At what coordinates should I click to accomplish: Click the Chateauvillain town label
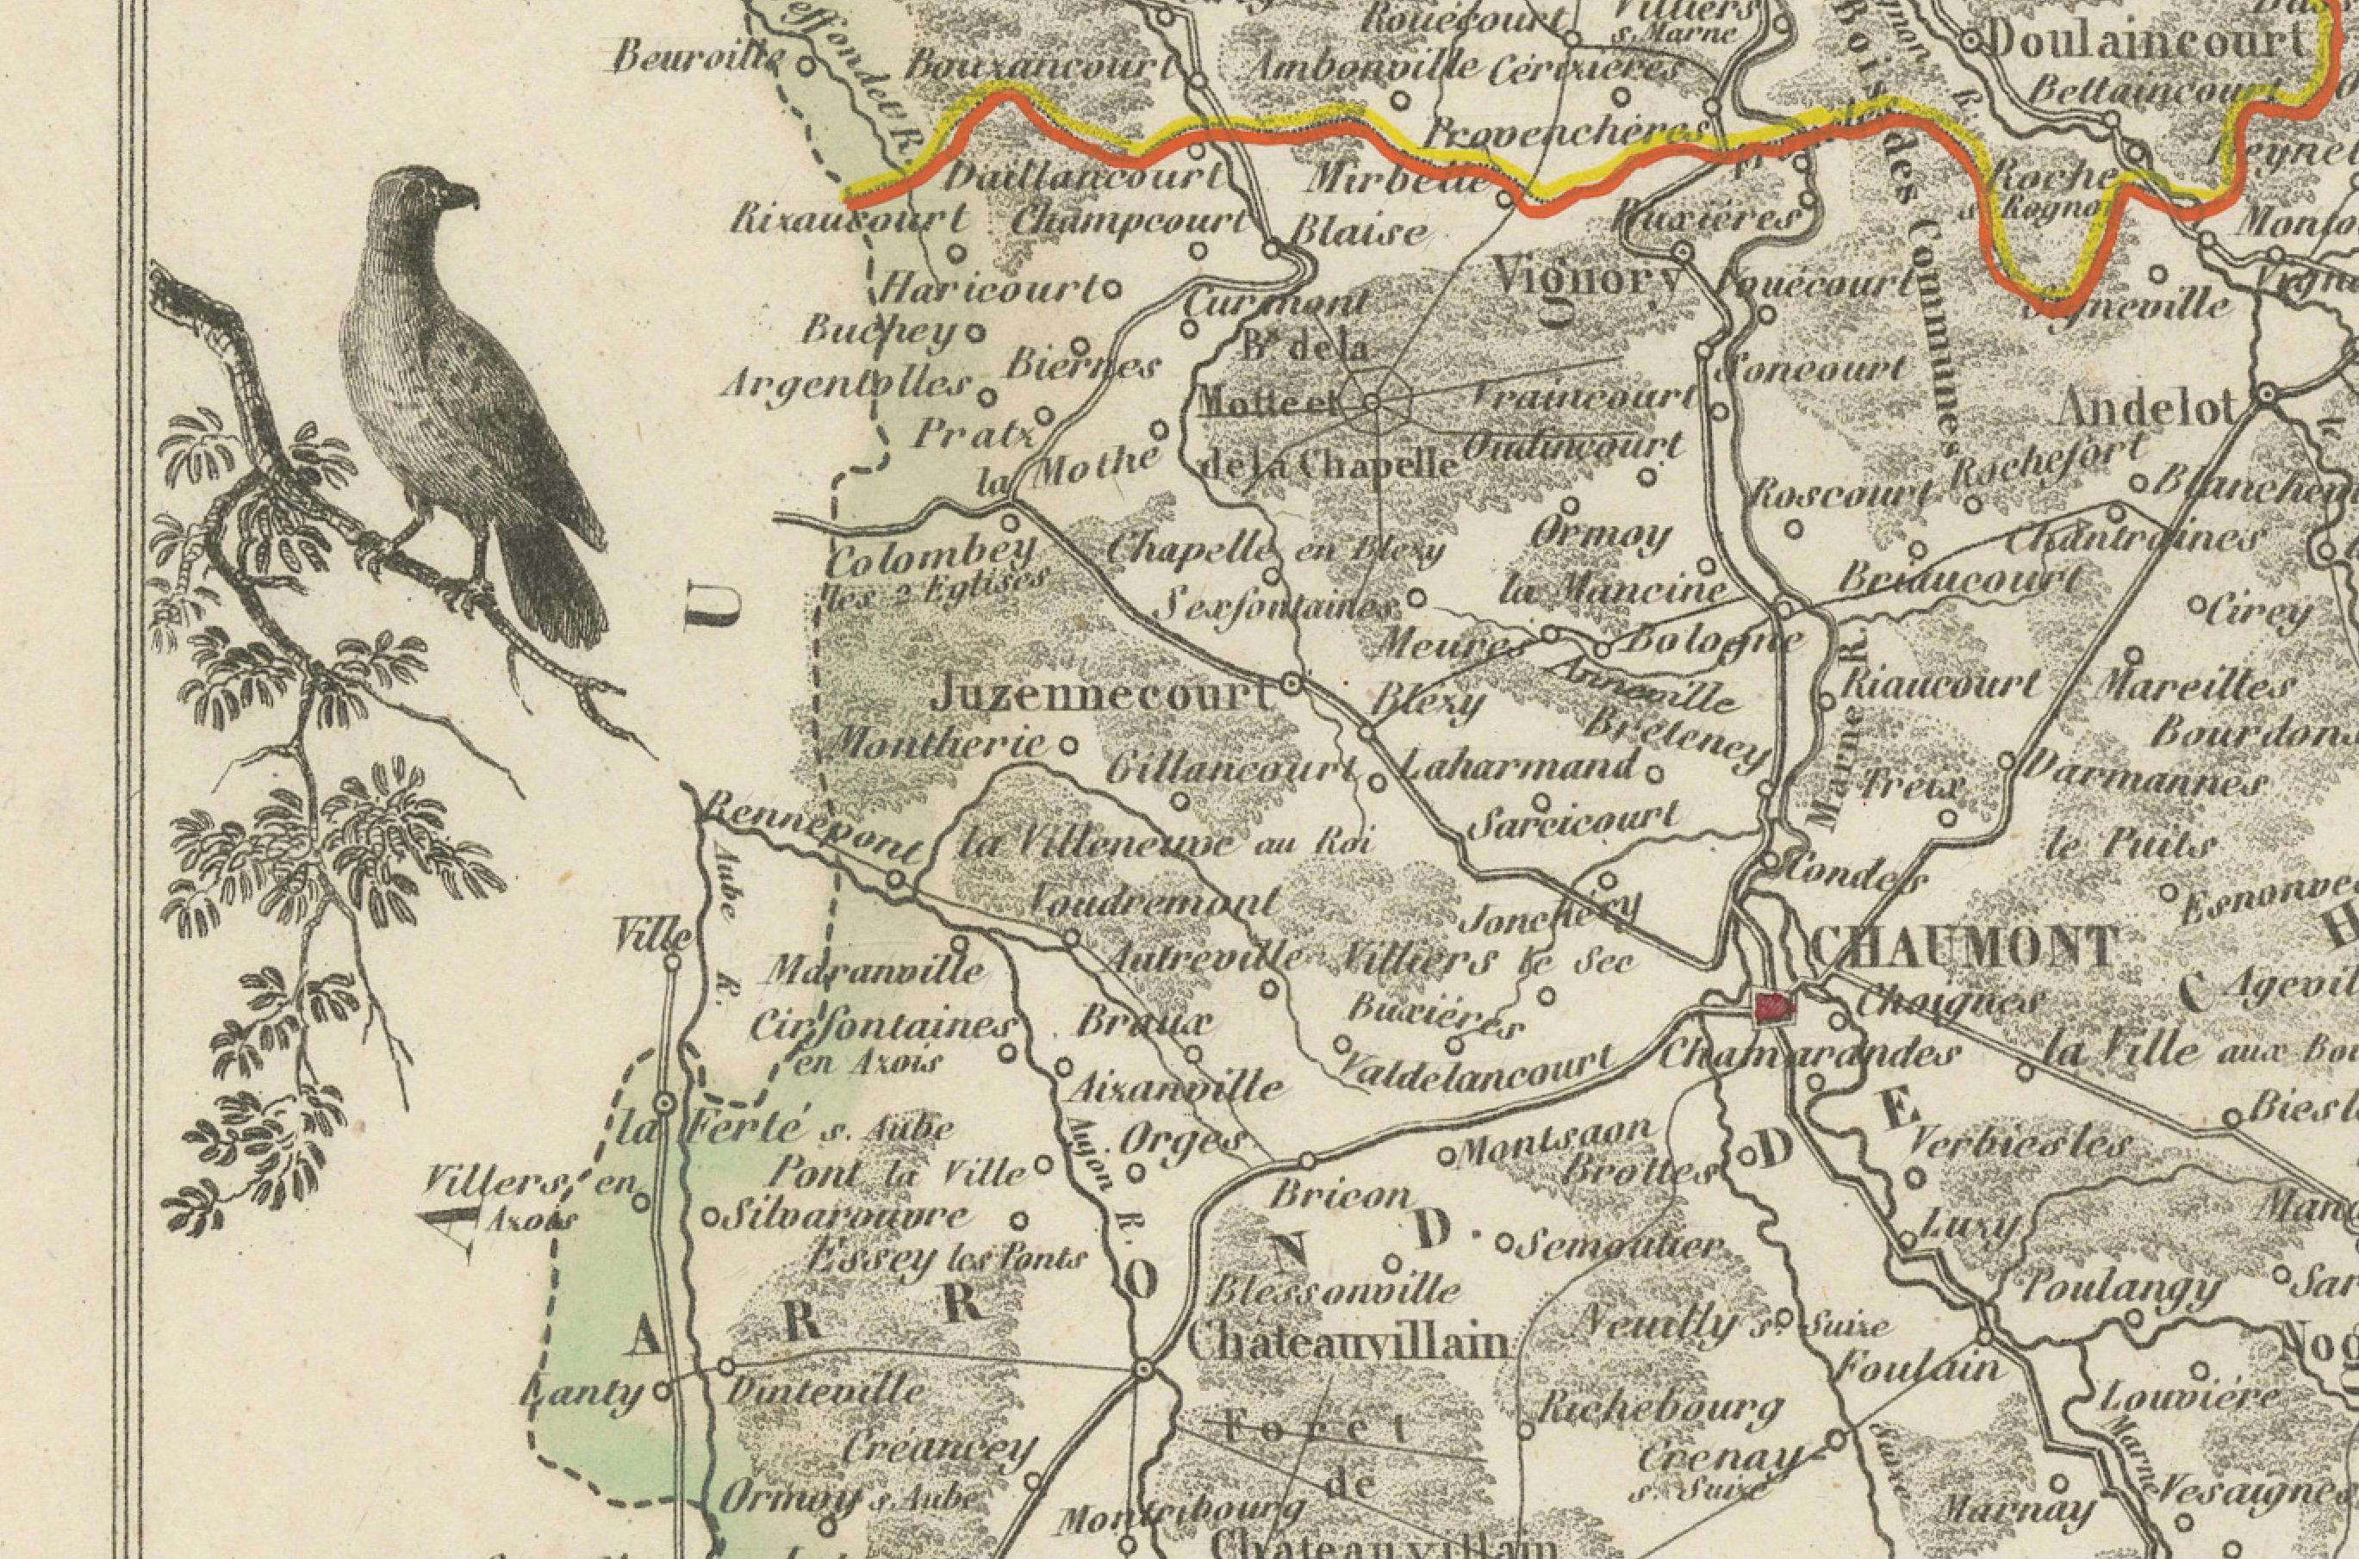[x=1348, y=1345]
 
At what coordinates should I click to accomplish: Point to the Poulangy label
[x=2119, y=1290]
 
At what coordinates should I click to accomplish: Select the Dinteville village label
[x=826, y=1390]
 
